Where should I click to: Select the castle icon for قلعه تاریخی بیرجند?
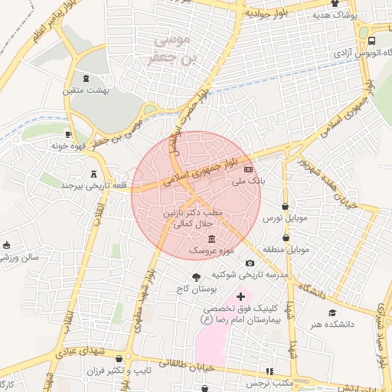pos(94,173)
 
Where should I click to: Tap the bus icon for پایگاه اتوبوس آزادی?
pos(371,41)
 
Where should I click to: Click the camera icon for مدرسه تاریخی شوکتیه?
pos(249,263)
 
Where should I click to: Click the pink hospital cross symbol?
pos(242,296)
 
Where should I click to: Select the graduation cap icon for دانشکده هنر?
pos(332,312)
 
